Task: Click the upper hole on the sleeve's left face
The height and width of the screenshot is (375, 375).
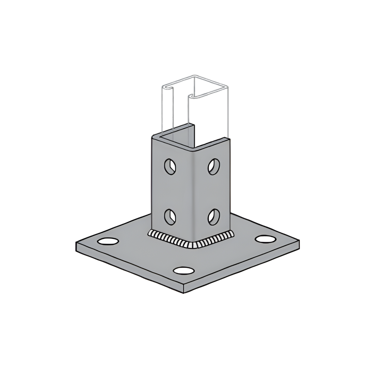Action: [170, 166]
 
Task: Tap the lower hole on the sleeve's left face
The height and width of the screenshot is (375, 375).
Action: [170, 217]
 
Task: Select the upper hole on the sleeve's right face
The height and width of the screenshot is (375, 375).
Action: [214, 166]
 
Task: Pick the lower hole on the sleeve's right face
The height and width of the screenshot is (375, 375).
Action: [214, 217]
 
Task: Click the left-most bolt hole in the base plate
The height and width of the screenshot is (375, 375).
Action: [108, 241]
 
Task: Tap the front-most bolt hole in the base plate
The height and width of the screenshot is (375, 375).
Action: [184, 270]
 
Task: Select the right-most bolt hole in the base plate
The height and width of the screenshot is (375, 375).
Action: [266, 239]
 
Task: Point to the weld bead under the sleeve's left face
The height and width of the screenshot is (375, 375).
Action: [170, 239]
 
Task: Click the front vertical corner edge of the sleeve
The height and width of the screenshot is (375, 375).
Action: [193, 194]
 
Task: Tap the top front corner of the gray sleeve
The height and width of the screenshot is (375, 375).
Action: [193, 150]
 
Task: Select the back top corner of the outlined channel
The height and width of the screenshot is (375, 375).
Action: [194, 75]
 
